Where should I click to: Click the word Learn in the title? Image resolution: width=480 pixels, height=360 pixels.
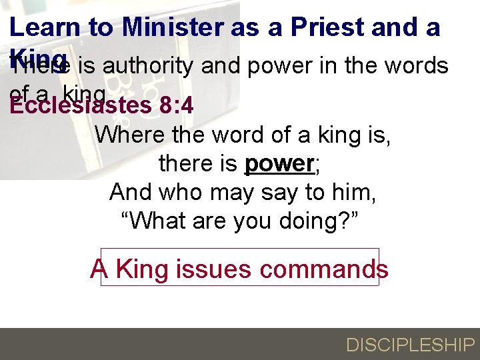[x=43, y=27]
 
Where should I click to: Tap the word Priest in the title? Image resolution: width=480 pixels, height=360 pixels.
[x=327, y=27]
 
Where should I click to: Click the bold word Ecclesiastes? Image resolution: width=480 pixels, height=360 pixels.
[x=81, y=105]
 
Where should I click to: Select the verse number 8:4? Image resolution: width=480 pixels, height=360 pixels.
[x=177, y=105]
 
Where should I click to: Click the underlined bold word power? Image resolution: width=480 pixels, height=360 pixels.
[x=279, y=164]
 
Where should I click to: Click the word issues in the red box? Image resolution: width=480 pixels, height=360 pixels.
[x=213, y=269]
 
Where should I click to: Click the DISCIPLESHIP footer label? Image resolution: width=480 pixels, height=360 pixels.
[x=409, y=345]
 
